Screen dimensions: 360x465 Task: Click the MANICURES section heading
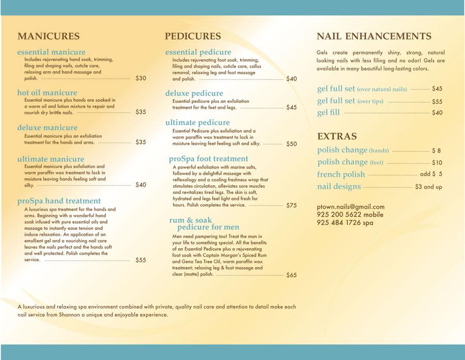(x=49, y=36)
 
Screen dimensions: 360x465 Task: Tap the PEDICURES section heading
(x=193, y=36)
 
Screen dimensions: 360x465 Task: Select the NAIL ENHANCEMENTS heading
(x=374, y=36)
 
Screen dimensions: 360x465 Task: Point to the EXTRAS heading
(x=337, y=136)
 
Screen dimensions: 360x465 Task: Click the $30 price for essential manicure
(x=141, y=79)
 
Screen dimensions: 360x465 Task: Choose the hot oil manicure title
(x=47, y=93)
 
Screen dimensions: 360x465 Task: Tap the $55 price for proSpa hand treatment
(x=141, y=260)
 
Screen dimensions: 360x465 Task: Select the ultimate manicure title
(x=51, y=159)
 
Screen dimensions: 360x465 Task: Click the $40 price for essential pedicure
(x=291, y=79)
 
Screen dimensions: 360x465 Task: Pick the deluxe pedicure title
(x=194, y=93)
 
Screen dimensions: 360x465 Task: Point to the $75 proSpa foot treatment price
(x=291, y=205)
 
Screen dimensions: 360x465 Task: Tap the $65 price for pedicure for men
(x=291, y=275)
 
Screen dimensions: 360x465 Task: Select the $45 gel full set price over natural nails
(x=437, y=89)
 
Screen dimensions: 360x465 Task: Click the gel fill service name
(x=329, y=113)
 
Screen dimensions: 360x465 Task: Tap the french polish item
(x=341, y=174)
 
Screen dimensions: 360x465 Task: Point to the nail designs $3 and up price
(x=428, y=186)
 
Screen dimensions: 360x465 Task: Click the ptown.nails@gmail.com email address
(x=351, y=207)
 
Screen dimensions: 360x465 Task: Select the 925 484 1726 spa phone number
(x=345, y=223)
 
